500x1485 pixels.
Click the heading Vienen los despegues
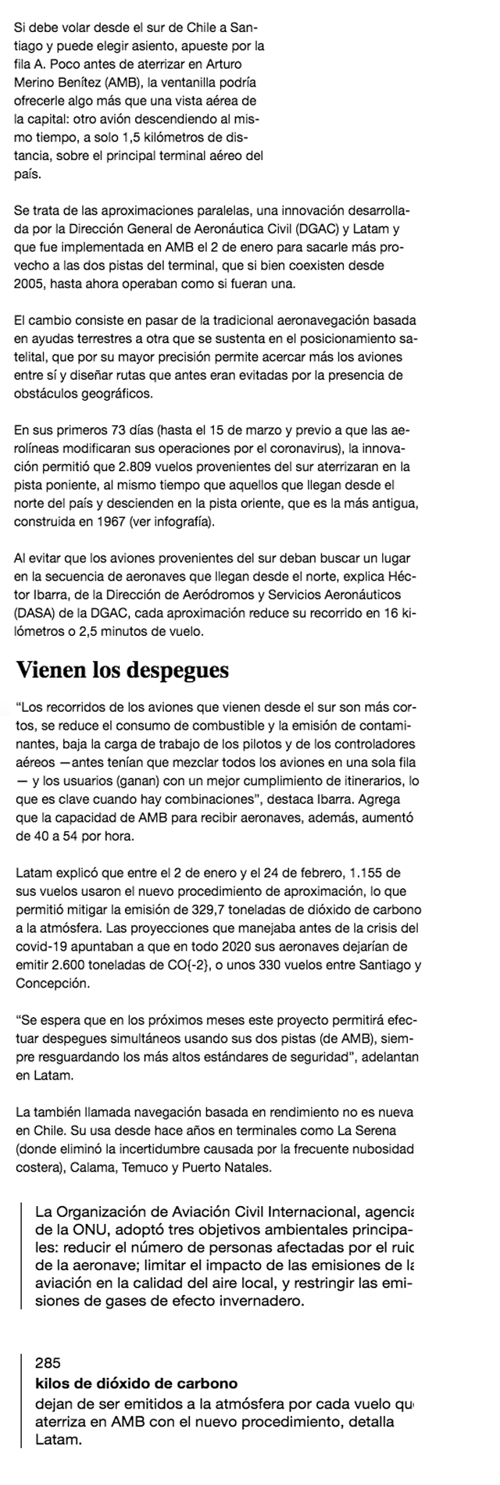123,669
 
